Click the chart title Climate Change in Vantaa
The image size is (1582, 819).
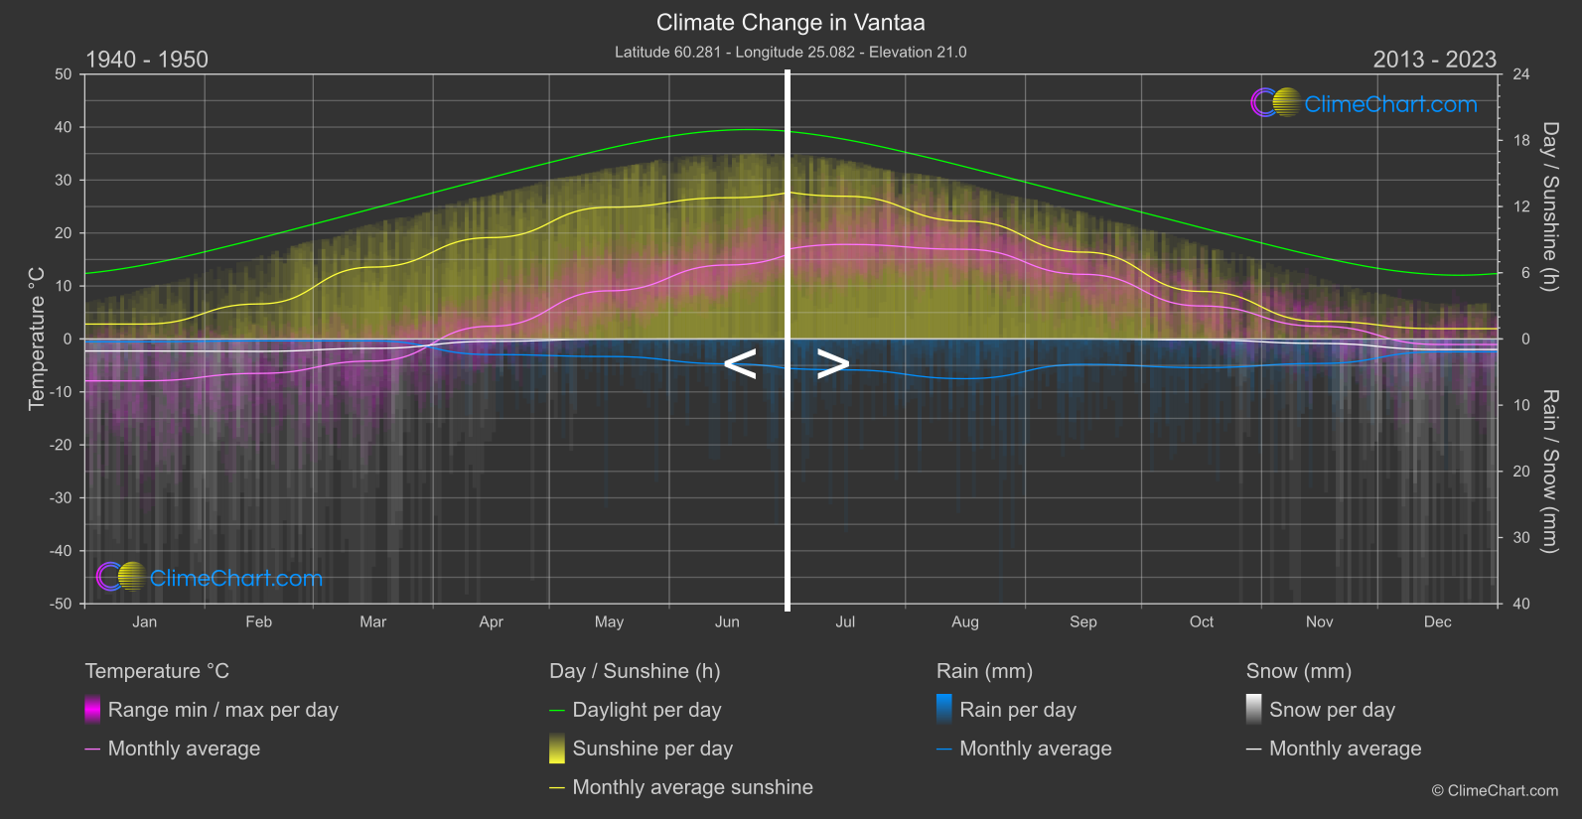(791, 23)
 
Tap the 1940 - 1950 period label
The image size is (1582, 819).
(147, 60)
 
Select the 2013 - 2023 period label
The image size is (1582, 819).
(1434, 60)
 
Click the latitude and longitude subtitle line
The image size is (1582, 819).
(791, 52)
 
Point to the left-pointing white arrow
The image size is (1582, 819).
(740, 364)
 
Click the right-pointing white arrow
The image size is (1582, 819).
(833, 364)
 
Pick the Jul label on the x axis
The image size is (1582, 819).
(845, 622)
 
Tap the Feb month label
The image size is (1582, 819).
(258, 622)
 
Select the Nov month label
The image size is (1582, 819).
(1319, 622)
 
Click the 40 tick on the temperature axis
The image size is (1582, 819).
(64, 127)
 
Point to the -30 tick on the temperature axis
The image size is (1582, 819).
(61, 497)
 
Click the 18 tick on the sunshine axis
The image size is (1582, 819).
(1521, 141)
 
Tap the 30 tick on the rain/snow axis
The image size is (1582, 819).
(1521, 537)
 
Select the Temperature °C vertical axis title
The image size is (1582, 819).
(37, 338)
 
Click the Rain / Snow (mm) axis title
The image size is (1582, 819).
(1549, 471)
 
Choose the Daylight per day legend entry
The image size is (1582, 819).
(647, 710)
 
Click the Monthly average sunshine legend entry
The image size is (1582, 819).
(692, 787)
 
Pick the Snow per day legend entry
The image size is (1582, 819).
(1332, 710)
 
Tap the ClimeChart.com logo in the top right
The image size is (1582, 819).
(1366, 103)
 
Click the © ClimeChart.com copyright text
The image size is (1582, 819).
(1495, 791)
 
